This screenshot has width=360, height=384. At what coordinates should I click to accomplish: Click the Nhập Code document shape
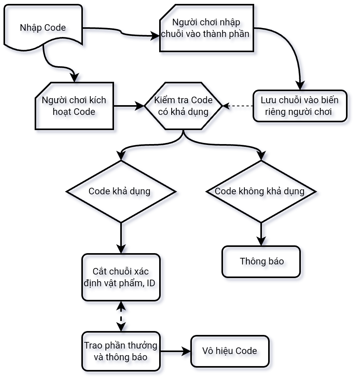43,27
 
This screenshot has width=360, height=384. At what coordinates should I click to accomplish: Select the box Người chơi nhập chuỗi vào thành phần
206,28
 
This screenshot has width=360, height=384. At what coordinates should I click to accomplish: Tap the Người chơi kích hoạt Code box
74,106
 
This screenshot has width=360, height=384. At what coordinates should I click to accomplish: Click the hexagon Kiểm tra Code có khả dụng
183,106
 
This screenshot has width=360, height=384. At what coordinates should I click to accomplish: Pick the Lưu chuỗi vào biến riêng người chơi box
299,106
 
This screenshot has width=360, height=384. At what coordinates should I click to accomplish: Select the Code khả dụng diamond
121,191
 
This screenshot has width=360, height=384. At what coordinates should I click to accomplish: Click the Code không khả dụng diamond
261,191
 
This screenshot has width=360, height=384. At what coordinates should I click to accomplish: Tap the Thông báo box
261,261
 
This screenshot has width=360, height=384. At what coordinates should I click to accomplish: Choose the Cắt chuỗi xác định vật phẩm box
121,277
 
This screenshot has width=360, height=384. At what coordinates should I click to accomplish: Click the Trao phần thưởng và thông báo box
121,351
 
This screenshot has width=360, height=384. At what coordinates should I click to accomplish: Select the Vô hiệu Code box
230,351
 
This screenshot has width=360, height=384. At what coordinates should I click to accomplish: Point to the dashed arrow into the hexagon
238,106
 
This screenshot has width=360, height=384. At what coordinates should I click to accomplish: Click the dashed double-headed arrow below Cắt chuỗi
121,316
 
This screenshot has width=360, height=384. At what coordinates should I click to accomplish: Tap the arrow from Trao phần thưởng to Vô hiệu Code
175,351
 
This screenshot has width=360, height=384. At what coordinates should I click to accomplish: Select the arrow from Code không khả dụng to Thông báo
261,234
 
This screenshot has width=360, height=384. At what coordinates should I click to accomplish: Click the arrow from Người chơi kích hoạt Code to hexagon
128,106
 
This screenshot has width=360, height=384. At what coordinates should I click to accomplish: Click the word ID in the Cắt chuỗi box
151,283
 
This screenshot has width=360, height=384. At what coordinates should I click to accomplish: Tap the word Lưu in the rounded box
269,100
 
